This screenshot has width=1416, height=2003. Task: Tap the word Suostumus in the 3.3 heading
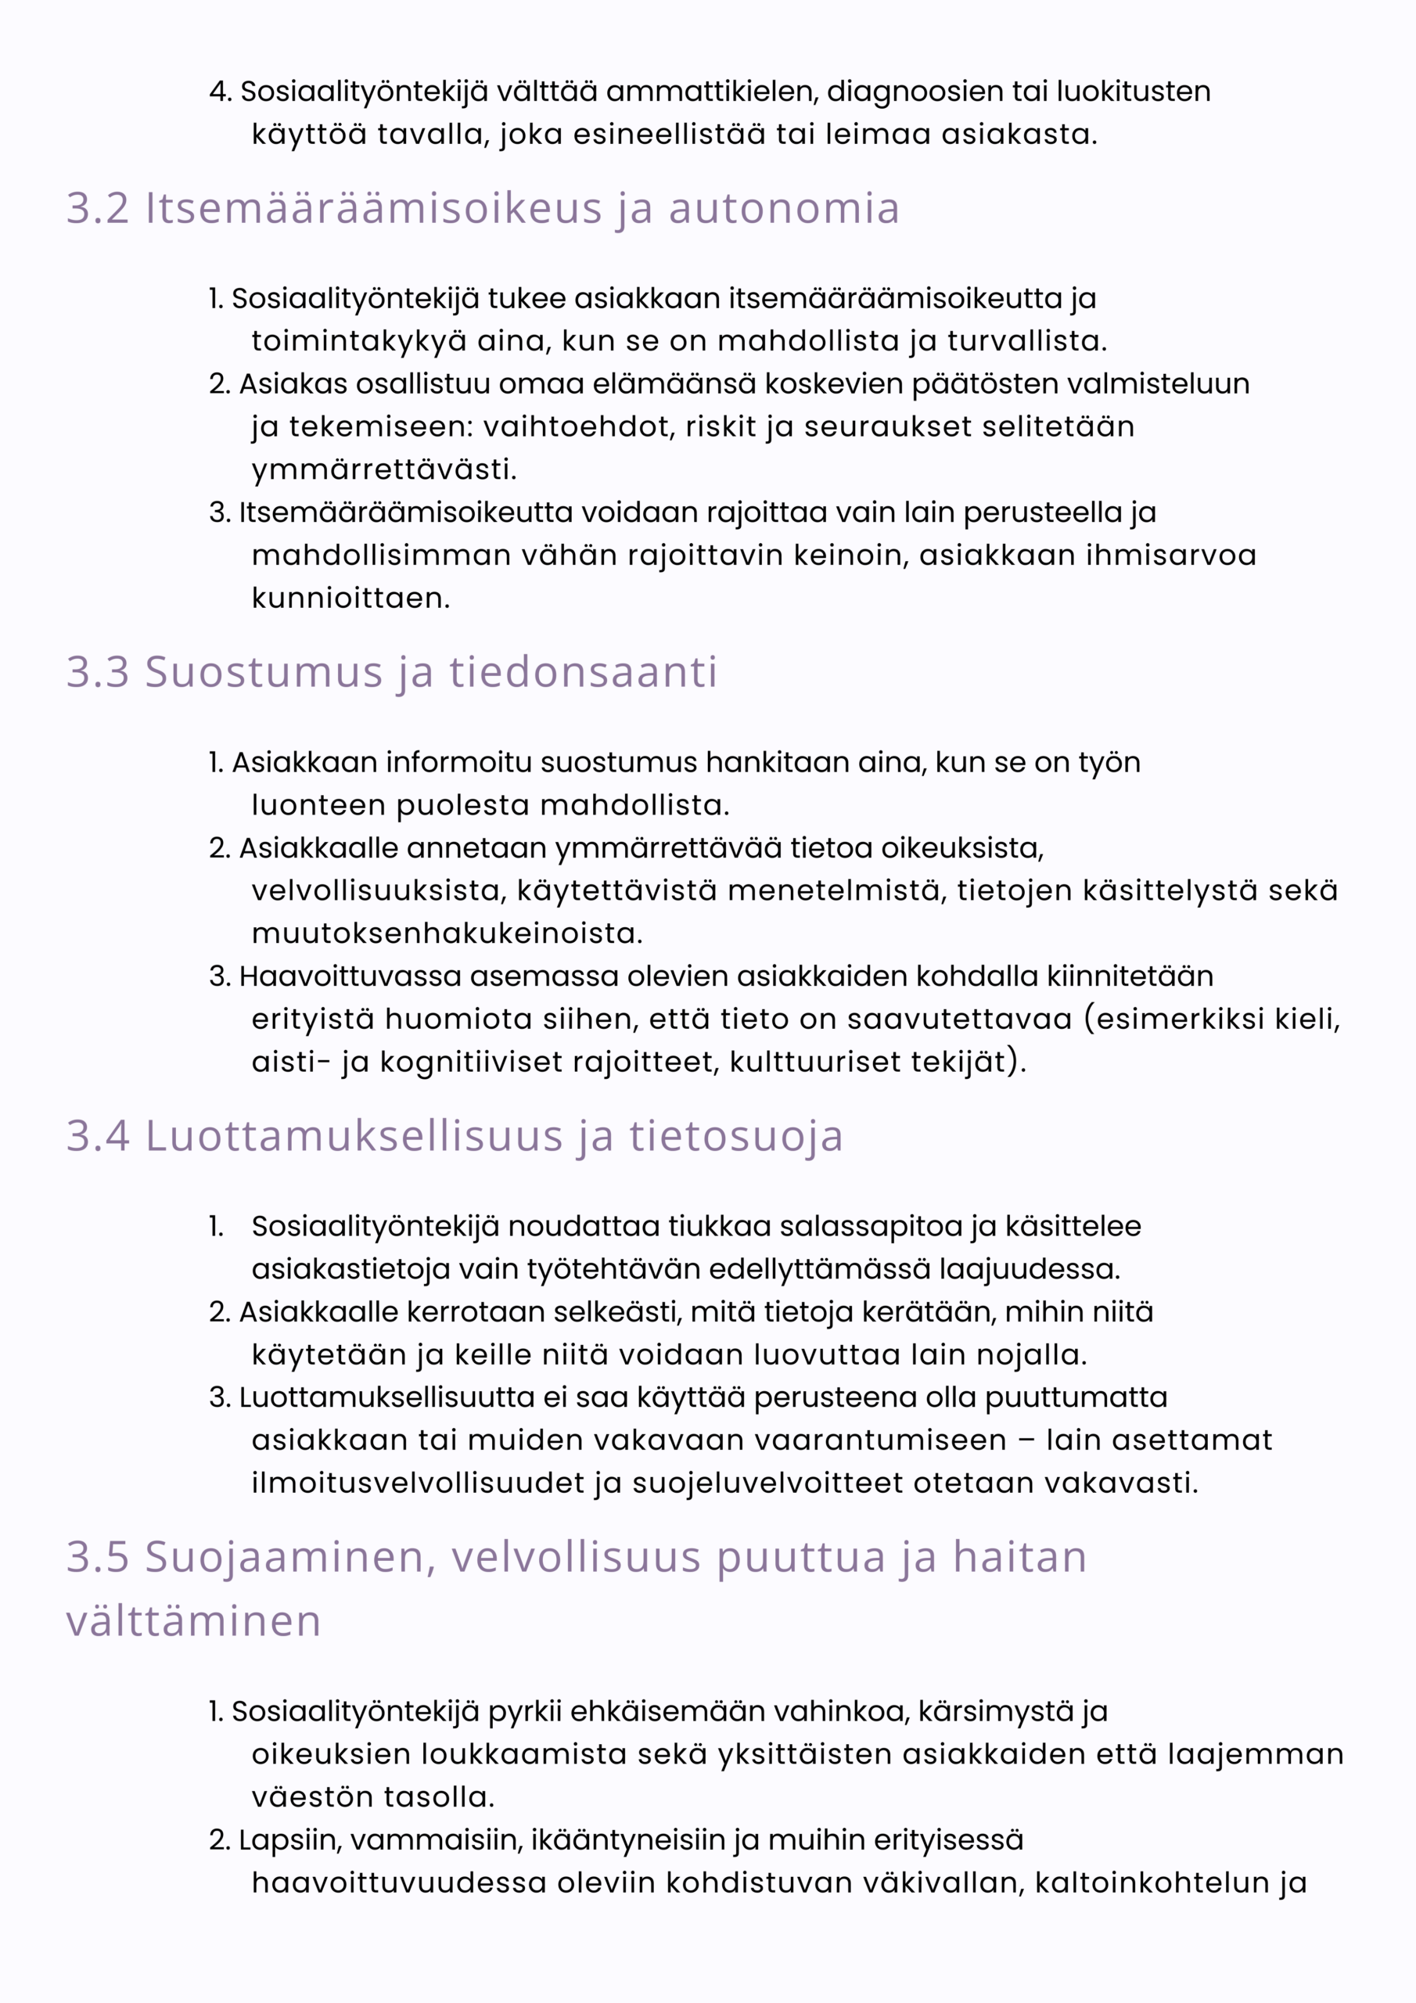click(x=264, y=673)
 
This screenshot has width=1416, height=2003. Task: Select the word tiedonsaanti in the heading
click(x=583, y=673)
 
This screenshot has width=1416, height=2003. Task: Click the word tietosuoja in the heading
click(x=736, y=1137)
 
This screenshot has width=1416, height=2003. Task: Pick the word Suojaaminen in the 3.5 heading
click(x=285, y=1557)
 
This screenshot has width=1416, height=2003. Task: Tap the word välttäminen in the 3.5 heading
click(x=194, y=1622)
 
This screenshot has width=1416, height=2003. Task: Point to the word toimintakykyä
click(x=358, y=341)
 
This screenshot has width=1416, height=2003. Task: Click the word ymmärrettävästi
click(x=384, y=469)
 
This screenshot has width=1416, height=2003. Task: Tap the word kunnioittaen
click(x=350, y=599)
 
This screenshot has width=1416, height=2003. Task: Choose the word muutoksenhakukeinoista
click(x=447, y=933)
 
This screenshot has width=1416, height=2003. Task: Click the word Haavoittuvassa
click(x=350, y=976)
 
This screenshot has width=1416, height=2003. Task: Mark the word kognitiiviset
click(x=470, y=1062)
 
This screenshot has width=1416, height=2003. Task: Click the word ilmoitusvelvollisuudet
click(x=418, y=1483)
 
